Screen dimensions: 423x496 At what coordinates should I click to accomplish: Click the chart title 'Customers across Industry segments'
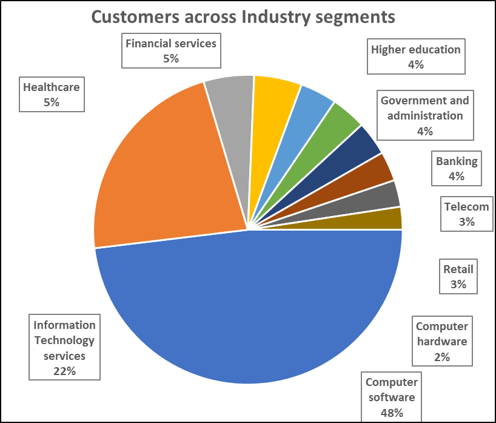point(243,17)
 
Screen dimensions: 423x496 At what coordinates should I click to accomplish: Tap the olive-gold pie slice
point(382,220)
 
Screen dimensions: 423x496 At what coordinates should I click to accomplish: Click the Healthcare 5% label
point(52,95)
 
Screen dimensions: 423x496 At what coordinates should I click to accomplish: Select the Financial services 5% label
point(170,51)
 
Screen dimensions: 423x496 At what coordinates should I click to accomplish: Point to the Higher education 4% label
point(416,57)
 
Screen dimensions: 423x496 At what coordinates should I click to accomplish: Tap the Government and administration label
point(424,115)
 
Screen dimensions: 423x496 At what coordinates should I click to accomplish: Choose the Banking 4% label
point(457,169)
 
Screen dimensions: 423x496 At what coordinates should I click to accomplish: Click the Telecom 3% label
point(466,214)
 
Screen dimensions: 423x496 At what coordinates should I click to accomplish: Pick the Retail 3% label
point(458,277)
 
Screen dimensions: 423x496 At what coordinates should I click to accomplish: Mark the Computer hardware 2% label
point(441,341)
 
